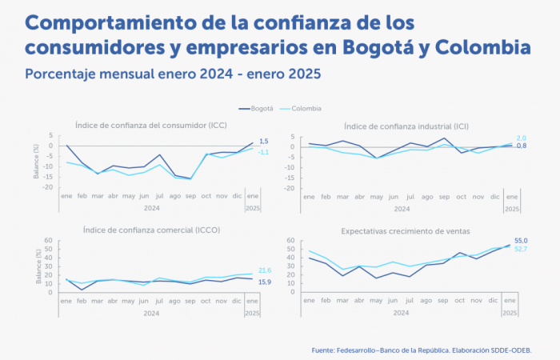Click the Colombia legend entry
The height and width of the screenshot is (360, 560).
click(305, 108)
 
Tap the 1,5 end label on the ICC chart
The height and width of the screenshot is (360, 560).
click(264, 142)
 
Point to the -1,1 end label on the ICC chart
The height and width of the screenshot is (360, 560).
click(263, 152)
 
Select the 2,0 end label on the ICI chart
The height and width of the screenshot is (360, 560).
click(521, 138)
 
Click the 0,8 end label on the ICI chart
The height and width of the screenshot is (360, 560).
click(521, 146)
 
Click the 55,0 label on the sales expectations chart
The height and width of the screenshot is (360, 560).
click(521, 240)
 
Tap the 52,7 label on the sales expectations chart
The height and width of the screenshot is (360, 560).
click(521, 249)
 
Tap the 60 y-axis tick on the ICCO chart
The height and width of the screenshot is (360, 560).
click(49, 240)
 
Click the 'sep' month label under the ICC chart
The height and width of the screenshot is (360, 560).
click(190, 195)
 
